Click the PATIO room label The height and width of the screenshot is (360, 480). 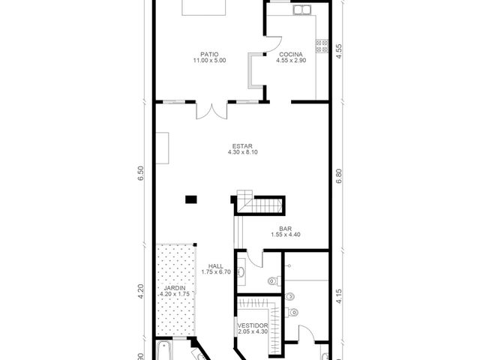tap(209, 55)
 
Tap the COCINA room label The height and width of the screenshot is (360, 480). tap(291, 55)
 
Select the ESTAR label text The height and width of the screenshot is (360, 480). tap(242, 146)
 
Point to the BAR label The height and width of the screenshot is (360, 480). tap(285, 229)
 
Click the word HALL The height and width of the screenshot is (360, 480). tap(216, 266)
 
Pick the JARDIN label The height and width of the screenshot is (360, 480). tap(175, 288)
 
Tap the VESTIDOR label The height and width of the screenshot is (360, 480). tap(253, 325)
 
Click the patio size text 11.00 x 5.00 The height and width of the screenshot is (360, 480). tap(209, 60)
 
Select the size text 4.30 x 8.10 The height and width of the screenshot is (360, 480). tap(242, 151)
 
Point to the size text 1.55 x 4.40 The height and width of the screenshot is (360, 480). tap(285, 235)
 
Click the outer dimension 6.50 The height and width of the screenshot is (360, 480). tap(140, 173)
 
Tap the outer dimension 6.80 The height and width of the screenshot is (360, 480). tap(338, 177)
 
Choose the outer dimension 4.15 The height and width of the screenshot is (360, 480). tap(338, 296)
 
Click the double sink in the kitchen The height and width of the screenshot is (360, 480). tap(301, 10)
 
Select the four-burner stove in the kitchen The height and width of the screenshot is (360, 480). tap(322, 46)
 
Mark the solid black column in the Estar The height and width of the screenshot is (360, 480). tap(191, 199)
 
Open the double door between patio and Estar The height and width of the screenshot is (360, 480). tap(211, 111)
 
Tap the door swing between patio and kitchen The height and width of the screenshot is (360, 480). tap(273, 45)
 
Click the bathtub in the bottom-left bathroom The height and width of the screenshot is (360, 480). tap(164, 350)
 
